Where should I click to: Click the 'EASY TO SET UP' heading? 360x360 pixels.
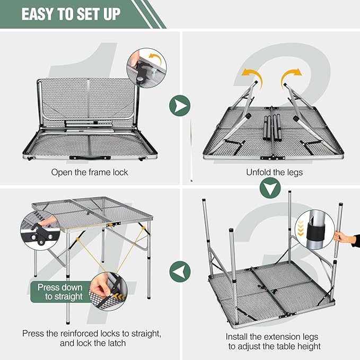point(71,13)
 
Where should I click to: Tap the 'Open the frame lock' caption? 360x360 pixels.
point(90,172)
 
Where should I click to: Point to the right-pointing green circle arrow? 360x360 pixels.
point(180,106)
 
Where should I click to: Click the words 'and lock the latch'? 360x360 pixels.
point(91,343)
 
